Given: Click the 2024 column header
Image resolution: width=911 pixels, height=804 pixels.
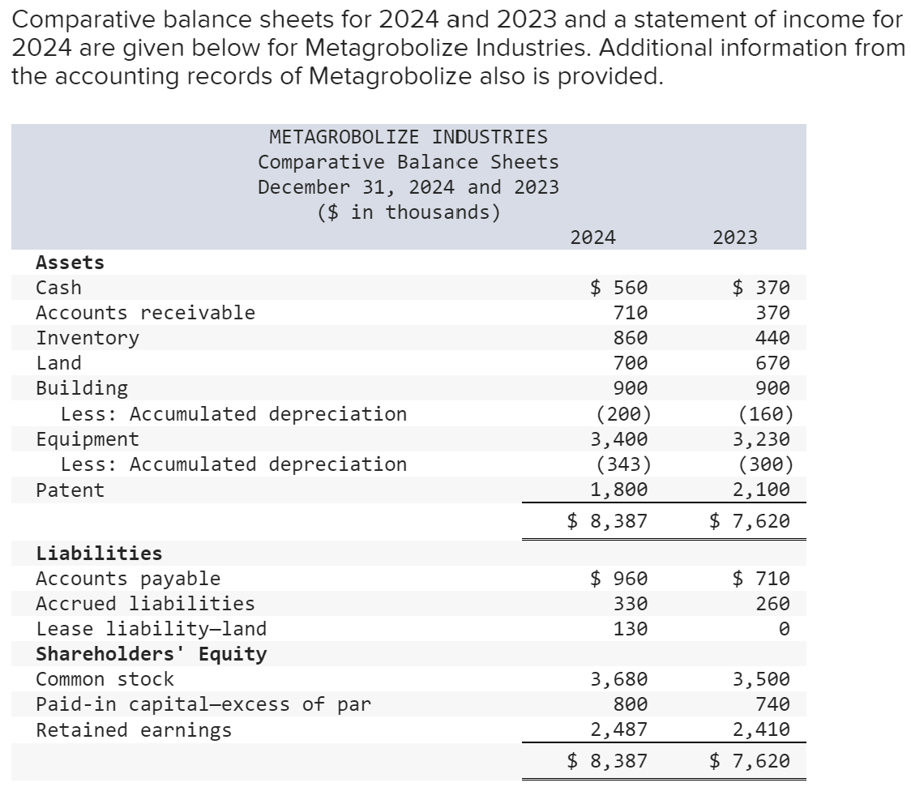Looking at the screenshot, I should point(592,237).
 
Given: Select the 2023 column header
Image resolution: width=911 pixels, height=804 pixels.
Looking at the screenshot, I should point(735,237).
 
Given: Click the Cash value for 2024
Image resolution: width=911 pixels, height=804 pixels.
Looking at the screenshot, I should point(618,287).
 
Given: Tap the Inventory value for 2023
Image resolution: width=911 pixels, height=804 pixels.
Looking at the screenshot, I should point(772,338).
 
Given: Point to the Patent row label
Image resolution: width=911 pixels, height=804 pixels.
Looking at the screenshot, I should point(71,490).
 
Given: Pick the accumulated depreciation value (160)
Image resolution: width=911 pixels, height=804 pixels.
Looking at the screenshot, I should point(766,414).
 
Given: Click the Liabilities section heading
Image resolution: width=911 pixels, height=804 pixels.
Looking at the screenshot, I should point(99,554).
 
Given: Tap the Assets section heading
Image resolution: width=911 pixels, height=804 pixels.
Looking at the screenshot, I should point(71,263).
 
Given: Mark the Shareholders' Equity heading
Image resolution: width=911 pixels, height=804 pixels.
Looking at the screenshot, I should point(151,654).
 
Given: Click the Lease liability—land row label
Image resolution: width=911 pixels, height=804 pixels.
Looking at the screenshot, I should point(151,629).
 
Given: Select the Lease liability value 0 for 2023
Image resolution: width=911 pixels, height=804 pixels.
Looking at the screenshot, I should point(783,629).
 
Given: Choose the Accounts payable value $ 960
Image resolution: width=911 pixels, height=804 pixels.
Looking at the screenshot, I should point(618,579).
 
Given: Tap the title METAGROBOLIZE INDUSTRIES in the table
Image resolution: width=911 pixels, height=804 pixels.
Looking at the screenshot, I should point(408,137).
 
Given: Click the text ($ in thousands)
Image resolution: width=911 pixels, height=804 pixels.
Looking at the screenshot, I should point(408,212).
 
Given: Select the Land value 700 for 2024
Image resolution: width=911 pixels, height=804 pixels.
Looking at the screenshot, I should point(631,363).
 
